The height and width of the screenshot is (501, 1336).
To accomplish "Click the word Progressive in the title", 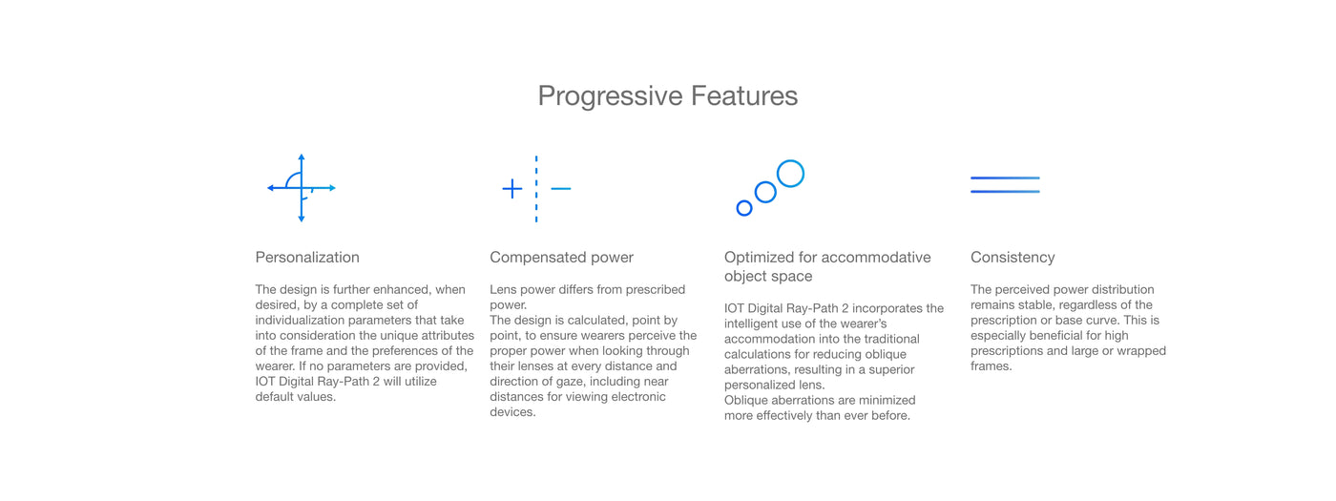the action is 610,96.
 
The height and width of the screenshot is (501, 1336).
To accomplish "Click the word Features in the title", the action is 744,96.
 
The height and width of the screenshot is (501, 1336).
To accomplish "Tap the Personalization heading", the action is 307,257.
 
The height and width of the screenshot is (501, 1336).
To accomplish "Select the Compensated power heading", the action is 561,258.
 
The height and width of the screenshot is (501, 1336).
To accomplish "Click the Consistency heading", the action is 1012,258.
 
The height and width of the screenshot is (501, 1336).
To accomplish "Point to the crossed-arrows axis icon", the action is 302,188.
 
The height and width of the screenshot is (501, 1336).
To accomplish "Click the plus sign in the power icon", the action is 512,189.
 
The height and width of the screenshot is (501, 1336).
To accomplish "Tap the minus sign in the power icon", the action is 561,189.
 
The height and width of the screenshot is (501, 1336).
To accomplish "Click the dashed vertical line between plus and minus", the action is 536,189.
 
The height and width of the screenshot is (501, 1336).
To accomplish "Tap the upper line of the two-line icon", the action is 1005,177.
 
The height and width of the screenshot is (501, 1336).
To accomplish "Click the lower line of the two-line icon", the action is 1005,192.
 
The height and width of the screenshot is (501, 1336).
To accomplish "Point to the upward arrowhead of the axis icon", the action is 302,157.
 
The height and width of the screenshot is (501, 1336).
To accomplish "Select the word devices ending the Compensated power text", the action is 512,412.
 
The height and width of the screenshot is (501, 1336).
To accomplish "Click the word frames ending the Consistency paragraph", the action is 991,366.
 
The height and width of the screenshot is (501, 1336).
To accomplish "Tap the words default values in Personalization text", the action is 295,397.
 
